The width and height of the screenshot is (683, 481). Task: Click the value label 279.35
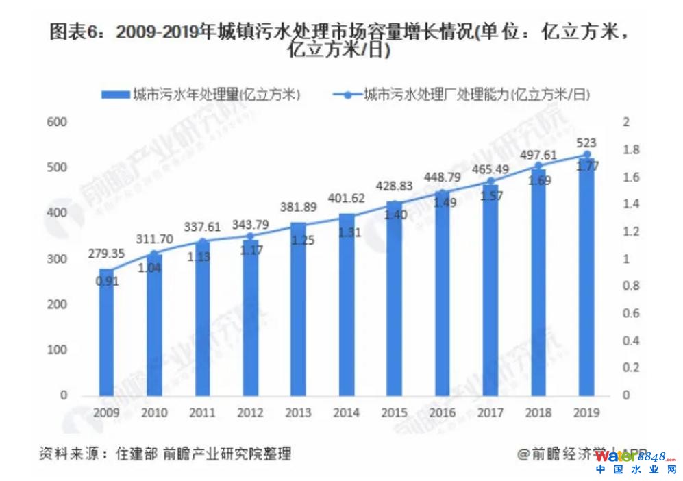click(106, 254)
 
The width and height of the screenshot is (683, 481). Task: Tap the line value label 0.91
click(106, 280)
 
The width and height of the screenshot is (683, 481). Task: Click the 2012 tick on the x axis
click(250, 413)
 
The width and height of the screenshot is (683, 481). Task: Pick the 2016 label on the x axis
click(443, 413)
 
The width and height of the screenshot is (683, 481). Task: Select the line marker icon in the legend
click(347, 95)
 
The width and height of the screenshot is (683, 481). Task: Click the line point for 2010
click(154, 254)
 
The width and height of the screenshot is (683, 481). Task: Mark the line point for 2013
click(299, 225)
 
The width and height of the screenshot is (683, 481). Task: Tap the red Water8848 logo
click(635, 456)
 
